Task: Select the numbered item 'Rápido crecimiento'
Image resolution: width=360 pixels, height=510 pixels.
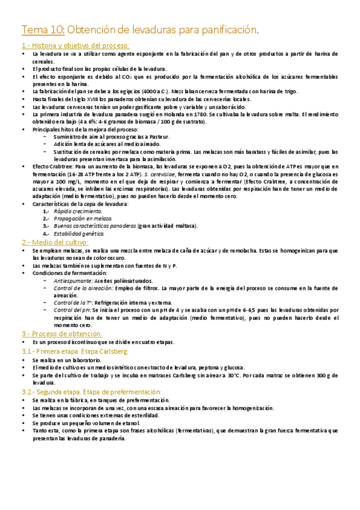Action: click(x=78, y=211)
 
